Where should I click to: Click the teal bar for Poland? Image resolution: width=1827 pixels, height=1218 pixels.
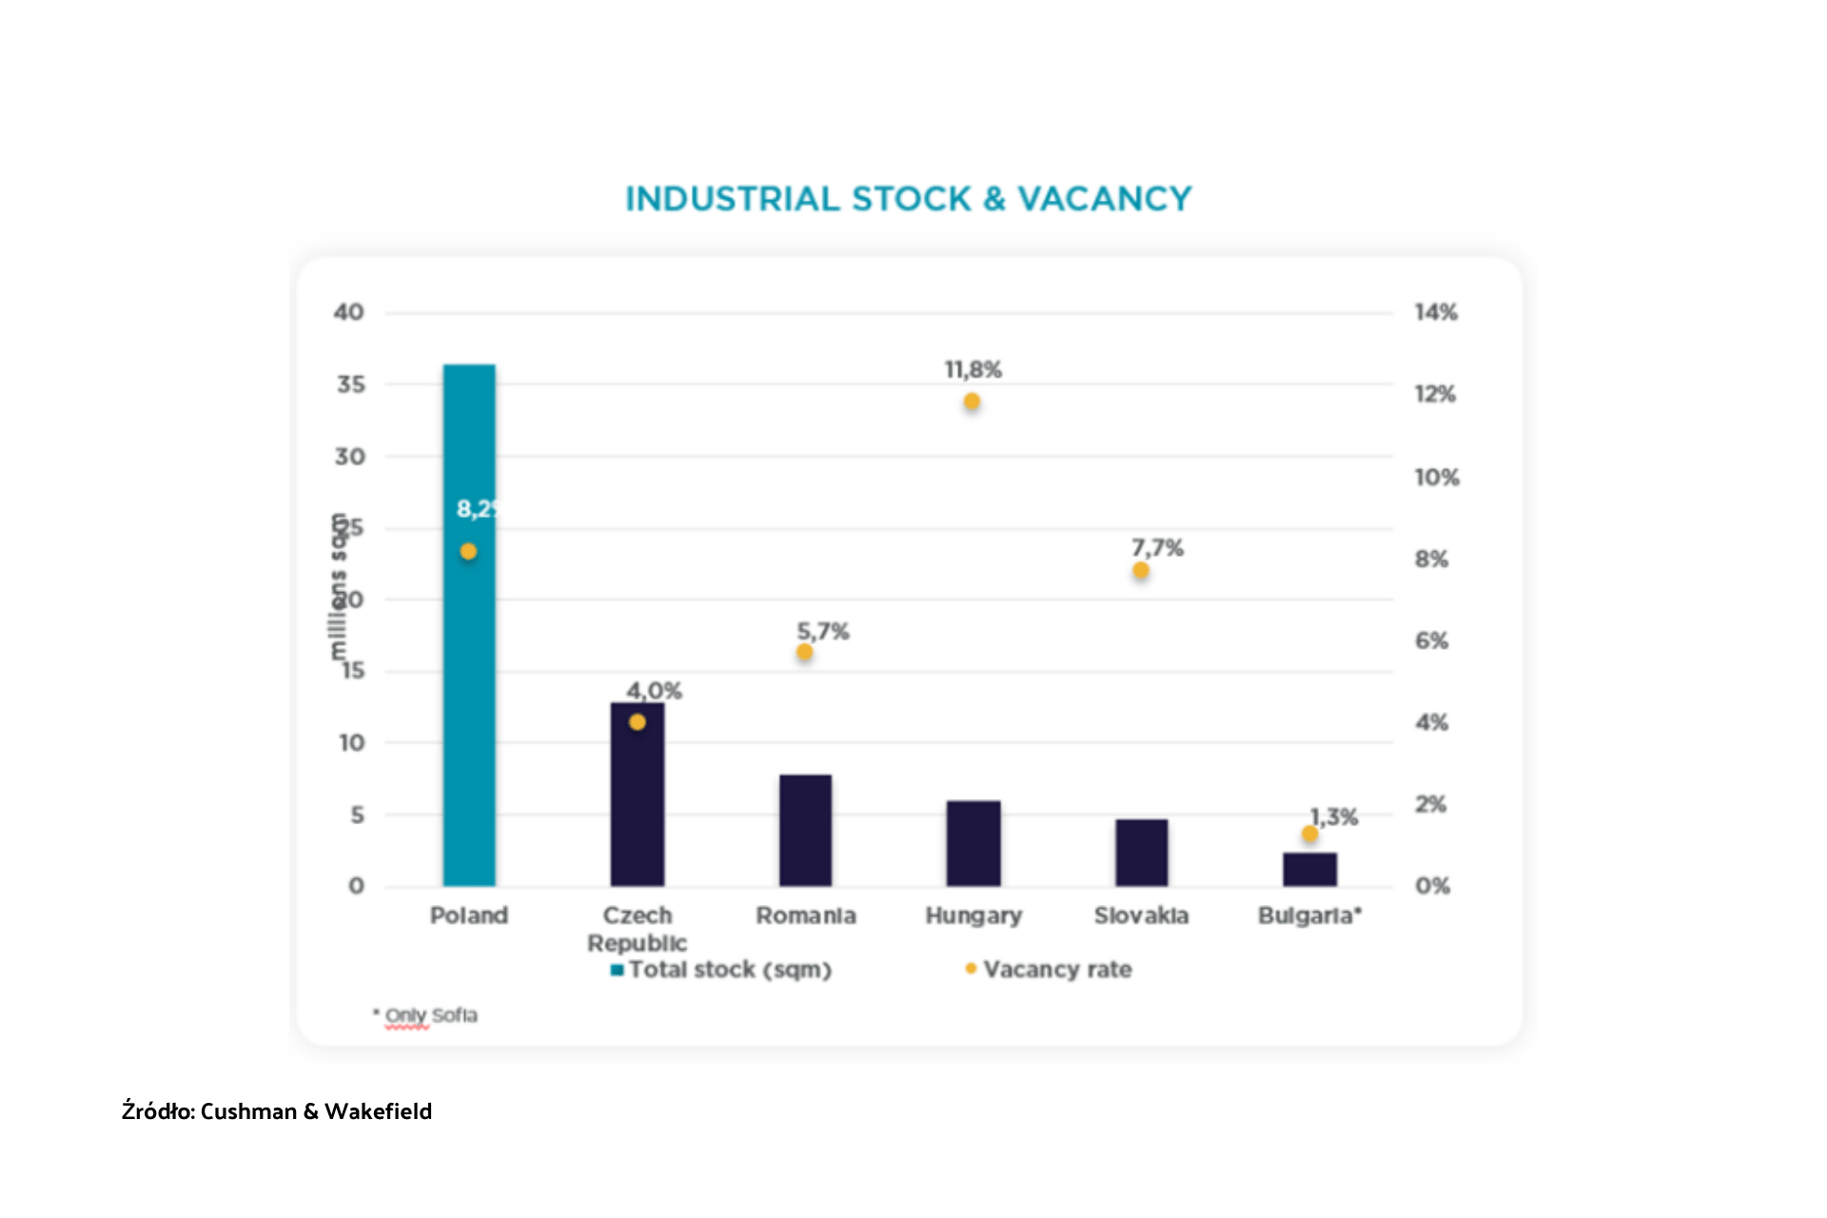coord(469,666)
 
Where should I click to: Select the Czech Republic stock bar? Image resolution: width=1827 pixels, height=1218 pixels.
coord(638,809)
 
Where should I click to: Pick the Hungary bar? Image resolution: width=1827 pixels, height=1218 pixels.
coord(973,844)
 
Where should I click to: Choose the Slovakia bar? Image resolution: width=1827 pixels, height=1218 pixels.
coord(1141,853)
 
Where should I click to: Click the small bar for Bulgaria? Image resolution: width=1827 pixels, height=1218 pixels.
coord(1309,869)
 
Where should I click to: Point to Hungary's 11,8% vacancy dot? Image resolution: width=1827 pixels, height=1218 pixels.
coord(972,402)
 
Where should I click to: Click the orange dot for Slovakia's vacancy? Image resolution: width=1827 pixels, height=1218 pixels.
coord(1141,571)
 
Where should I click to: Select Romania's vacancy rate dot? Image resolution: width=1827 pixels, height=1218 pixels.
coord(805,652)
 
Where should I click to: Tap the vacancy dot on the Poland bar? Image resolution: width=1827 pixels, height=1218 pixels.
coord(468,551)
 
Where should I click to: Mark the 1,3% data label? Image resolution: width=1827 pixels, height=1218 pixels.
coord(1334,816)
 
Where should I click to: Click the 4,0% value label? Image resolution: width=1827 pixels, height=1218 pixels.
coord(654,691)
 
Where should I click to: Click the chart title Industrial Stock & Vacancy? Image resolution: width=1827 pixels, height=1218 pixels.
coord(908,199)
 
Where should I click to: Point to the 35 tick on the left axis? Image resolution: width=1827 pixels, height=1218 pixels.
coord(350,384)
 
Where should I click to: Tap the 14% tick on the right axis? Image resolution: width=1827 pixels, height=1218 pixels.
coord(1435,312)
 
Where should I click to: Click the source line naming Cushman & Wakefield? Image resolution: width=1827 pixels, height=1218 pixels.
coord(277,1111)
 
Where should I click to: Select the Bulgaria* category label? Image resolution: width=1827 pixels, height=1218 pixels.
coord(1309,915)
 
